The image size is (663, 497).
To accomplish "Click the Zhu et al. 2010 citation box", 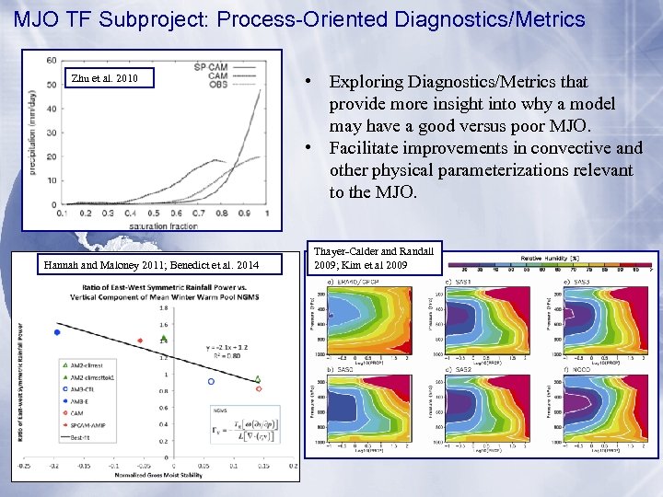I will pos(104,78).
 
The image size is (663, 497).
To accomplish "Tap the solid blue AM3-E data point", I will pos(57,332).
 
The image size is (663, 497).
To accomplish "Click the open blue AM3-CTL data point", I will pos(211,381).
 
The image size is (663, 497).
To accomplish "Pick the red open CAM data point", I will pos(259,388).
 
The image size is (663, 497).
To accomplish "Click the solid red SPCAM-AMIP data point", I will pos(140,341).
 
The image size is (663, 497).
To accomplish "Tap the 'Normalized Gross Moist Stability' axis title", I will pos(158,475).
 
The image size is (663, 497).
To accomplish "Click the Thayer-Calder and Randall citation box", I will pos(375,259).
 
